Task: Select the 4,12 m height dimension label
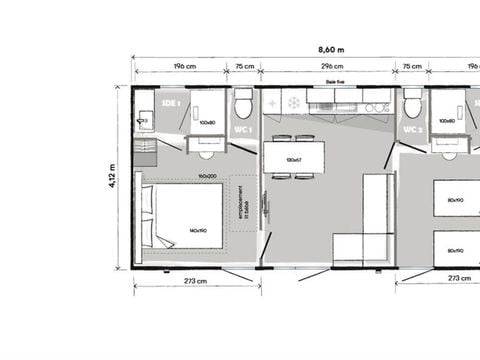pos(112,176)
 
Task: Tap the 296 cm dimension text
pos(326,68)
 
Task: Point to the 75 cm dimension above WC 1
pos(243,68)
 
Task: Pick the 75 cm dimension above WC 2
pos(411,68)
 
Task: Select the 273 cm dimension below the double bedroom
pos(195,281)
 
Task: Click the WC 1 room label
pos(242,130)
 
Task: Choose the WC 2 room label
pos(411,130)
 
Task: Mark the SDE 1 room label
pos(171,102)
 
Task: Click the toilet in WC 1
pos(243,105)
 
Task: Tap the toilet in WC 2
pos(412,105)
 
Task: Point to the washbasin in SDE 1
pos(143,121)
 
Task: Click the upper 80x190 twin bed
pos(456,199)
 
